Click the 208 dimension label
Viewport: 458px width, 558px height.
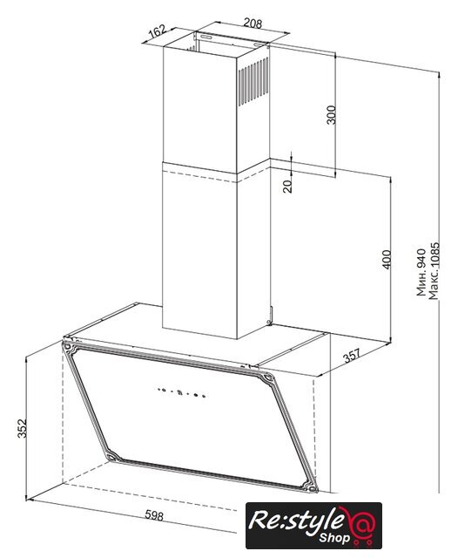point(253,24)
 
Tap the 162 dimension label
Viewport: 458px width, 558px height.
point(157,31)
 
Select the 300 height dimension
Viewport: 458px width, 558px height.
point(331,114)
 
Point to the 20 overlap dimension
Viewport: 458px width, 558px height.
point(287,186)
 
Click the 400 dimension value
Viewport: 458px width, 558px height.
point(387,260)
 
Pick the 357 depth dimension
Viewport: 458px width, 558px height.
point(352,355)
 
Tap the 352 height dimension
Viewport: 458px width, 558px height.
point(22,428)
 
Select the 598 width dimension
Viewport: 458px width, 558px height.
point(154,515)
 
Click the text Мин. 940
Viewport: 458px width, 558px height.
point(421,272)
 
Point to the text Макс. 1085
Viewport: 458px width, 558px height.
point(434,271)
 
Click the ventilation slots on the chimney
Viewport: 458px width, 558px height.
point(253,81)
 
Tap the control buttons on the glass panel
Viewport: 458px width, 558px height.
point(181,392)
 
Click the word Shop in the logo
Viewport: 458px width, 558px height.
point(334,537)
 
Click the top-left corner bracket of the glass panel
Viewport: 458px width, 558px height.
point(69,347)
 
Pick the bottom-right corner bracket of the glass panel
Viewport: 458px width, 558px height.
point(310,487)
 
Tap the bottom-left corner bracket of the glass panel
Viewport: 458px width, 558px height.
point(112,457)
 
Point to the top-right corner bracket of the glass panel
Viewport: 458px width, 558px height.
point(266,378)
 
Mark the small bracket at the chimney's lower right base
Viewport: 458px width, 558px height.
point(270,316)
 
